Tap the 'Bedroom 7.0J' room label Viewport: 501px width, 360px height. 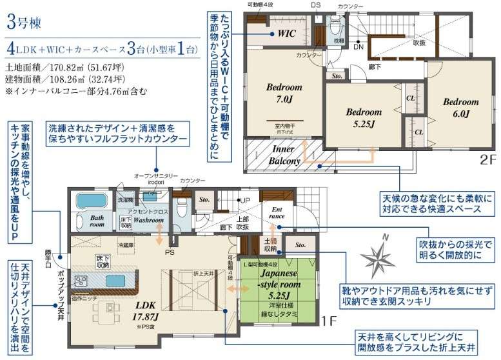(x=284, y=93)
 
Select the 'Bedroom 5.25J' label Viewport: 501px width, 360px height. (x=364, y=117)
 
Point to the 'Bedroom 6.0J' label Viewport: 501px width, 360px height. (x=460, y=108)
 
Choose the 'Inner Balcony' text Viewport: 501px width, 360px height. (x=284, y=155)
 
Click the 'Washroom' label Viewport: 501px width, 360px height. (x=149, y=220)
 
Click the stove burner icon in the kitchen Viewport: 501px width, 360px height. (x=82, y=280)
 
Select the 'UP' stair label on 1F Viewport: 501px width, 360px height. (x=245, y=201)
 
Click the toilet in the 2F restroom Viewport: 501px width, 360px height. (x=334, y=27)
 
